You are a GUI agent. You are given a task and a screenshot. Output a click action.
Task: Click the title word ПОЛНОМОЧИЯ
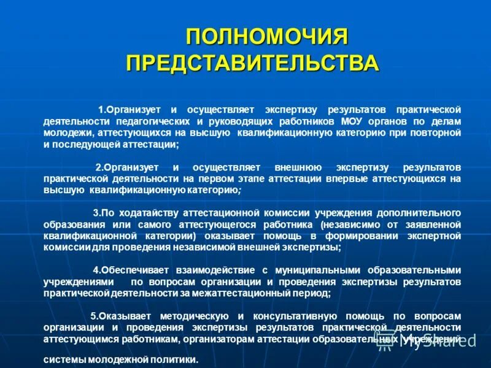point(267,36)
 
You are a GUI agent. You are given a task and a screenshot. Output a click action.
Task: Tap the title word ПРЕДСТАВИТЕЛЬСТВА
point(253,63)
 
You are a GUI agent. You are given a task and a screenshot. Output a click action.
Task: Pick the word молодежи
point(68,132)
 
